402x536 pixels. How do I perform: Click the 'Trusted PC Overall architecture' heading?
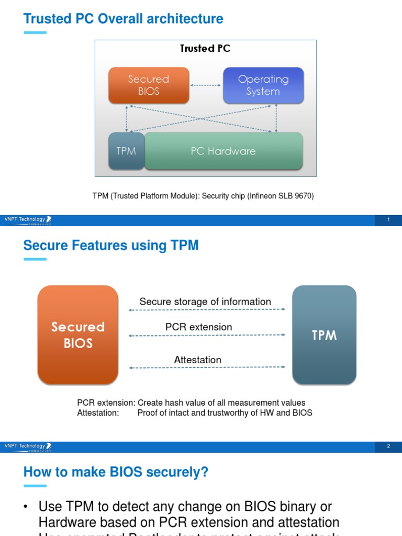[123, 19]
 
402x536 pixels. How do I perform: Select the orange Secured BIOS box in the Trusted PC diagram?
[148, 85]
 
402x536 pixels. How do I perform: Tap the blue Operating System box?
[263, 85]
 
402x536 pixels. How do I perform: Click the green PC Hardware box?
[223, 151]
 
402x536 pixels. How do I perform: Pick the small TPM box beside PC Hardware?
[126, 151]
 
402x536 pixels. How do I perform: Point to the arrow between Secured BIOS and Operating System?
[206, 85]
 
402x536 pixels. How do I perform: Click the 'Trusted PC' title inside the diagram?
[205, 49]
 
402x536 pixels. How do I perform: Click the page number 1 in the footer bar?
[388, 220]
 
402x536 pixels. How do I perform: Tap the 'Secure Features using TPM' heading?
[111, 245]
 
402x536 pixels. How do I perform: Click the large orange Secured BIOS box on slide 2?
[78, 335]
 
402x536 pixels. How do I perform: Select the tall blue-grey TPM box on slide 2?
[324, 335]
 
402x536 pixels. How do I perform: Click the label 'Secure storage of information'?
[205, 301]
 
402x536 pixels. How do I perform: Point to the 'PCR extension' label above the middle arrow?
[198, 327]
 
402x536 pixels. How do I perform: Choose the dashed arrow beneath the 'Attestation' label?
[207, 368]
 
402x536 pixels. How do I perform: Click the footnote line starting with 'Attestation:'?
[194, 412]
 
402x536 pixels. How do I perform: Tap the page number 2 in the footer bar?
[388, 446]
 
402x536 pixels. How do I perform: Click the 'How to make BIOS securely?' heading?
[116, 472]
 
